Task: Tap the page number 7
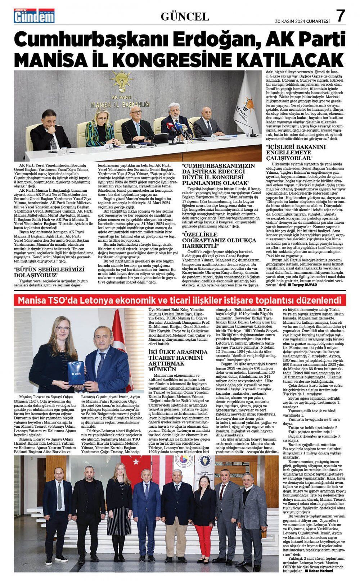pos(341,16)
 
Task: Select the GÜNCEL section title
pos(185,16)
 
